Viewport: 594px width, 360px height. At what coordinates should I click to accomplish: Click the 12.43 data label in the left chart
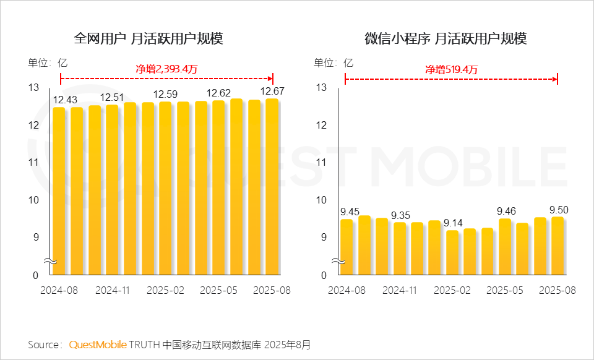[x=65, y=100]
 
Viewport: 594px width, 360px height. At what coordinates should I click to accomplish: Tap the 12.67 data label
[x=272, y=92]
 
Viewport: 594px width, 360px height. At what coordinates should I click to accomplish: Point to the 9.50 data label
[x=557, y=210]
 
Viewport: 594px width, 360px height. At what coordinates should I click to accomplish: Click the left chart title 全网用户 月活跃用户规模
[x=148, y=38]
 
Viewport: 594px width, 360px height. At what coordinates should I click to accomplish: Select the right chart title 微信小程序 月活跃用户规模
[x=445, y=38]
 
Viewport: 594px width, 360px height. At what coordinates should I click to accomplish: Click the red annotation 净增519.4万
[x=451, y=69]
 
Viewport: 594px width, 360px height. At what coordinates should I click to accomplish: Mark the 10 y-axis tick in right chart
[x=321, y=200]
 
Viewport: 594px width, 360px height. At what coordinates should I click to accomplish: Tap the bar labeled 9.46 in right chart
[x=505, y=246]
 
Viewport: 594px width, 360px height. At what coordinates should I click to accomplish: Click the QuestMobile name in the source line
[x=98, y=344]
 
